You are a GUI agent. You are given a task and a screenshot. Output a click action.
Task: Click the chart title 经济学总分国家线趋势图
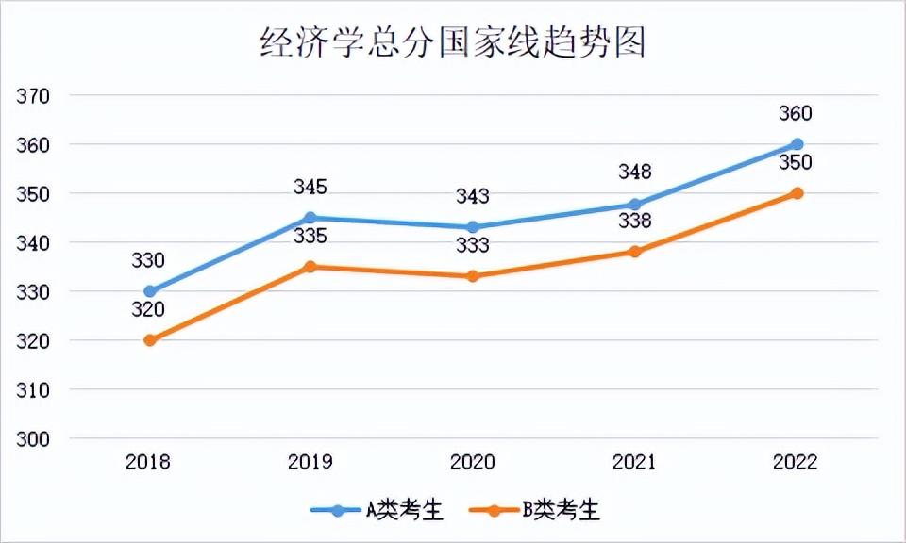click(x=453, y=42)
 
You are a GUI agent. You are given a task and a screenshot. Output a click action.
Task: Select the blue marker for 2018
click(x=149, y=291)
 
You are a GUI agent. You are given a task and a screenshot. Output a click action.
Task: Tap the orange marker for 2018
click(x=149, y=340)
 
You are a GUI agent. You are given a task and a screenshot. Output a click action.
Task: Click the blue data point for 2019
click(x=310, y=218)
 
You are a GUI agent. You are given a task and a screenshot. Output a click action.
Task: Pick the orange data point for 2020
click(x=473, y=276)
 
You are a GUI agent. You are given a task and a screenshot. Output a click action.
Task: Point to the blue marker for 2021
click(x=635, y=204)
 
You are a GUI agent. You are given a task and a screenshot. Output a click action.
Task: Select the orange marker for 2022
click(x=797, y=193)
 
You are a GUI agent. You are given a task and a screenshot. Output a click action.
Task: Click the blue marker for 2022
click(x=797, y=144)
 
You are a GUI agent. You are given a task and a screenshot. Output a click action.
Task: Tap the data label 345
click(x=310, y=188)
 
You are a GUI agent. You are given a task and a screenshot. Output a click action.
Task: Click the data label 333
click(x=473, y=246)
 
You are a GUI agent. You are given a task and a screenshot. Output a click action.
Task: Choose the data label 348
click(x=635, y=173)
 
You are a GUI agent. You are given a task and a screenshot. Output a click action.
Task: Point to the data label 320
click(x=149, y=308)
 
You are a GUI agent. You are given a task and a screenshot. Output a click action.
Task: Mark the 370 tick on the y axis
click(x=33, y=96)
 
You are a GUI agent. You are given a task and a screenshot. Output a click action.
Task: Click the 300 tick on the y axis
click(x=33, y=439)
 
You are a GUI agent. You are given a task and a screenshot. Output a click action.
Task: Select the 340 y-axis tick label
click(x=33, y=243)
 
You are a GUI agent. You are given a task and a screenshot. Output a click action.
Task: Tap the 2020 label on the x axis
click(x=473, y=463)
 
